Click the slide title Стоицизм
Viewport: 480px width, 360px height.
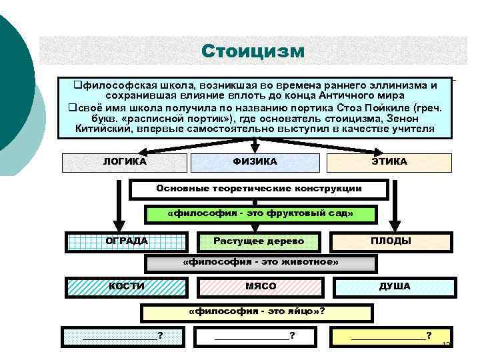click(253, 51)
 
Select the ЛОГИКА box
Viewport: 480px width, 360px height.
click(125, 162)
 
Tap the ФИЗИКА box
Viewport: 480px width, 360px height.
click(255, 162)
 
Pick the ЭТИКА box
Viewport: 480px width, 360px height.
click(389, 162)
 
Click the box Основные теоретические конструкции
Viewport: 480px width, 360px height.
click(259, 189)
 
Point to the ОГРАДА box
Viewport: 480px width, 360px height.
click(127, 241)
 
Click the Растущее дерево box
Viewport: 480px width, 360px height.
click(259, 241)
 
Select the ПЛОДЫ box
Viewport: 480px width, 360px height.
click(391, 241)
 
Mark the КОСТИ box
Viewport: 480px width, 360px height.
click(126, 287)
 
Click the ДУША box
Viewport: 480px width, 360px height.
click(394, 287)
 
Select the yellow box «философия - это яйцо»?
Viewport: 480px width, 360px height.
click(257, 312)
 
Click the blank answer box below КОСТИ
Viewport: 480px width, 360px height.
click(122, 336)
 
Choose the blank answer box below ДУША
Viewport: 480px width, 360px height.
click(391, 336)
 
